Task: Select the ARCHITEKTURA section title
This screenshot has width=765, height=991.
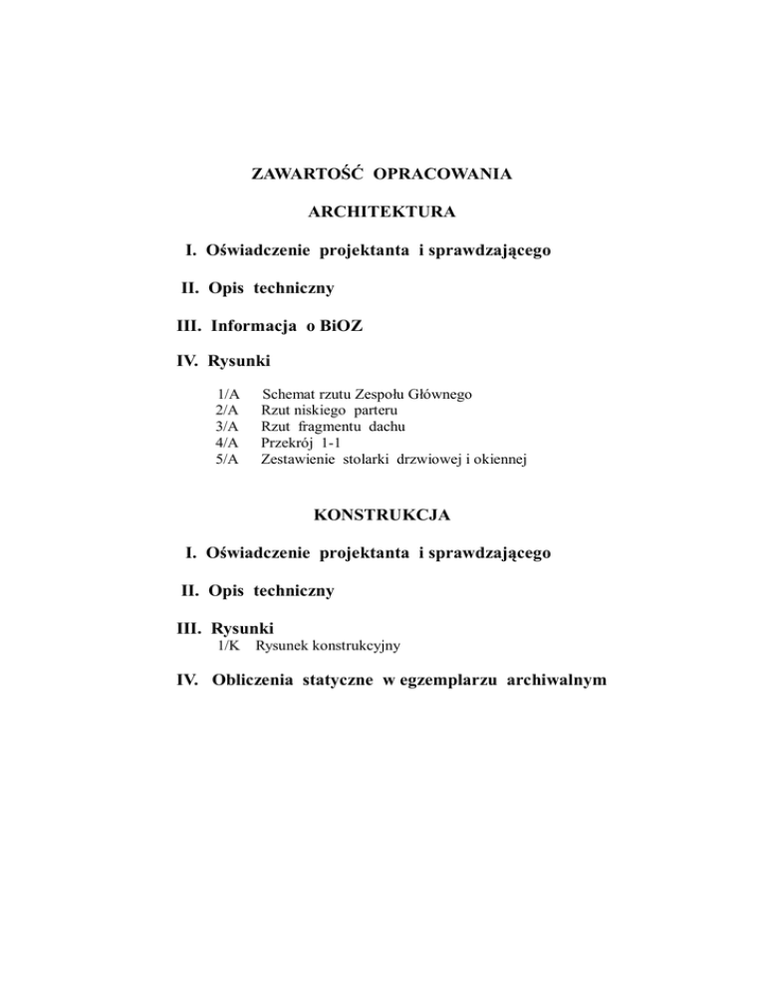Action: (382, 212)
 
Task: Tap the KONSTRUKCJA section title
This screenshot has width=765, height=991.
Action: (382, 514)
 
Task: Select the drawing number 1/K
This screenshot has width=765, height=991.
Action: (231, 646)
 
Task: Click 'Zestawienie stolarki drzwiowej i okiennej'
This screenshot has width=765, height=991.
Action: (392, 459)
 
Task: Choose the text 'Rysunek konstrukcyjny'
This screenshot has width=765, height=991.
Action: (328, 646)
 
